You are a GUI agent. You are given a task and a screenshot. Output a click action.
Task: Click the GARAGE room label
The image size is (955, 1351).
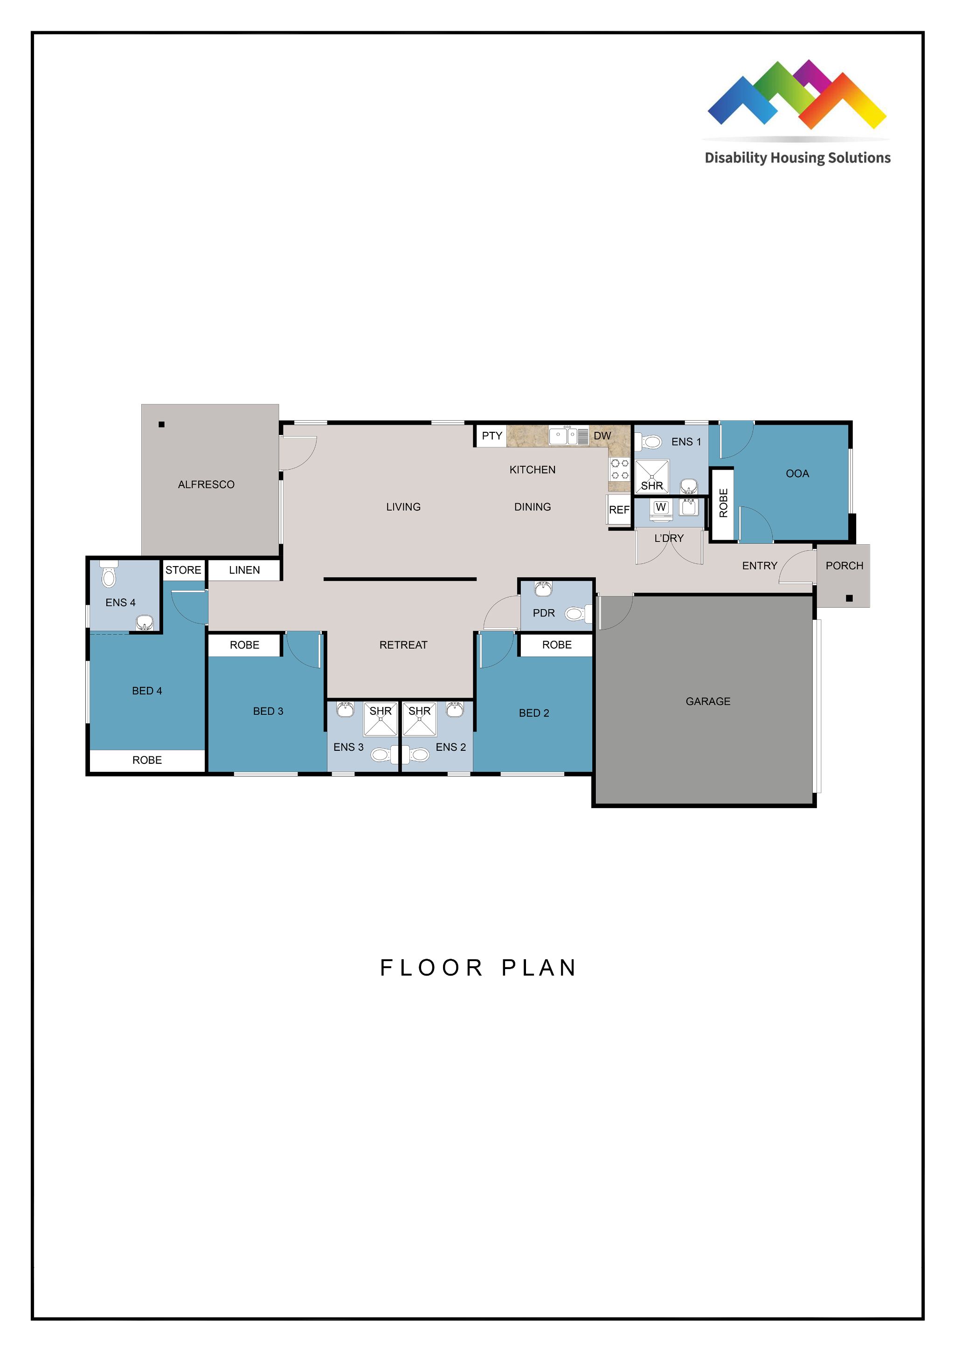[707, 701]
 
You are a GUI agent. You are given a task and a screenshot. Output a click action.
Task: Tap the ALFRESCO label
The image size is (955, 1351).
[206, 484]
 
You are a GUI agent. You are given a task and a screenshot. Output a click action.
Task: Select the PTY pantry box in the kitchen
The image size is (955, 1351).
[491, 436]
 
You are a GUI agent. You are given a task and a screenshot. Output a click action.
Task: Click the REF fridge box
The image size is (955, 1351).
[619, 510]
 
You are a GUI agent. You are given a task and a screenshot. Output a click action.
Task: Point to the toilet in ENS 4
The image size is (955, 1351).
[109, 575]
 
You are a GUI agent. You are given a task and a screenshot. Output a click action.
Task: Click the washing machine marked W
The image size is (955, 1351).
[661, 508]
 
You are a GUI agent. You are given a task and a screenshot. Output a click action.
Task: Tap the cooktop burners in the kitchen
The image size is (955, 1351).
[620, 470]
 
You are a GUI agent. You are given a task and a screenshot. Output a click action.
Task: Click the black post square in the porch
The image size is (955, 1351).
[849, 598]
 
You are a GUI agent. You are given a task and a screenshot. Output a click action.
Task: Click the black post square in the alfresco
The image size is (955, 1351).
[162, 424]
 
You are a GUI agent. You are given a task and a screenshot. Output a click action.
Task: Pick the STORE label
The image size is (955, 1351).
[183, 569]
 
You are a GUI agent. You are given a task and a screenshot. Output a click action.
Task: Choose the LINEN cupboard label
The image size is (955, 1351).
[244, 569]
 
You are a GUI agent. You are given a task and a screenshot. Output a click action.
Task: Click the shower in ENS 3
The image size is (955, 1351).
[381, 719]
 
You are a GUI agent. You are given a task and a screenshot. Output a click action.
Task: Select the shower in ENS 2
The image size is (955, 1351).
[420, 719]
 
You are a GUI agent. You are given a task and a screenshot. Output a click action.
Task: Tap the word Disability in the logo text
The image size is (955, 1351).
[735, 158]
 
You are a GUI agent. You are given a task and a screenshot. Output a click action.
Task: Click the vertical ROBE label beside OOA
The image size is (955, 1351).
[723, 503]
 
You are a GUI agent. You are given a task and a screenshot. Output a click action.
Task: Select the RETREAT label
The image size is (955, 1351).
[403, 645]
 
